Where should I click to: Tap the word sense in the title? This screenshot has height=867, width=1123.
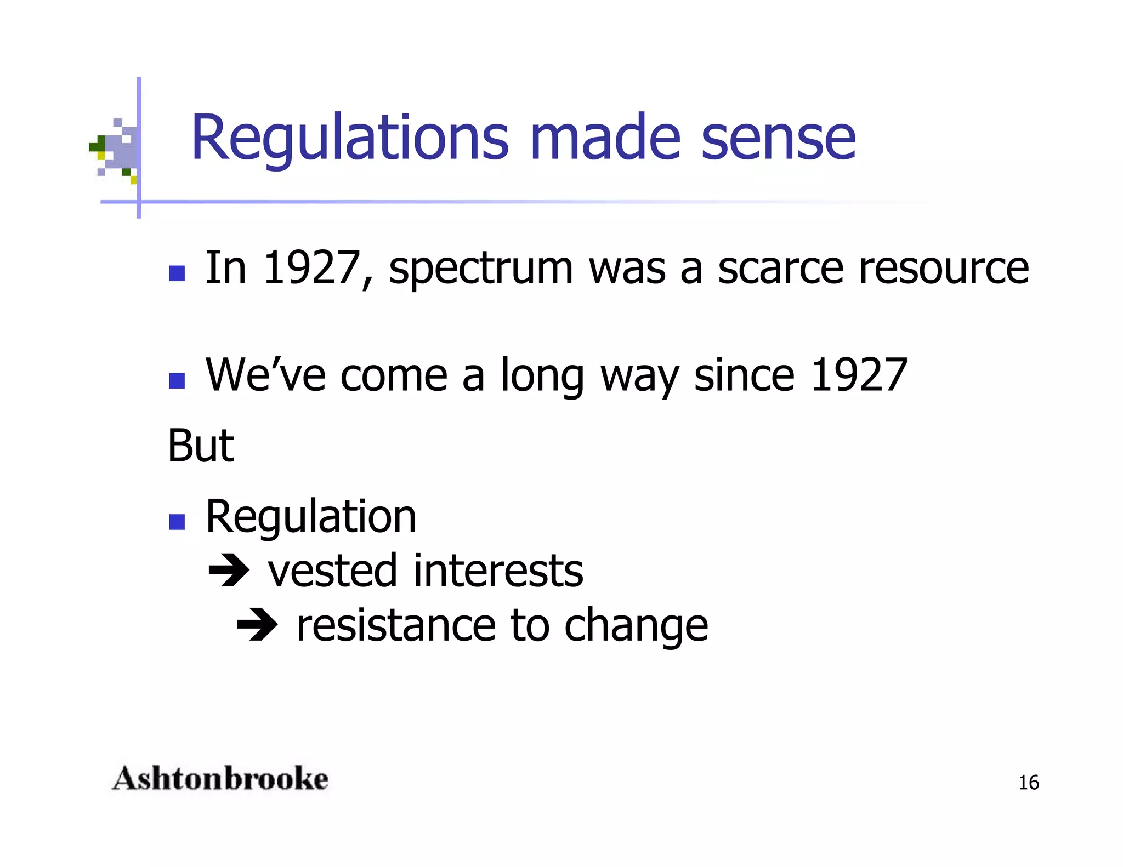778,138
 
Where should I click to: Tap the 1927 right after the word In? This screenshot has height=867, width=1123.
311,268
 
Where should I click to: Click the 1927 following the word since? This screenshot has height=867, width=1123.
859,375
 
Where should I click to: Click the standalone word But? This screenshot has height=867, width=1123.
201,446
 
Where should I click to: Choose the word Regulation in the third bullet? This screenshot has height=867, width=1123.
311,518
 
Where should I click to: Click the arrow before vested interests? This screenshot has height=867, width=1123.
229,572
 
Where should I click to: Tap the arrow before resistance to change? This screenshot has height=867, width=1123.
257,626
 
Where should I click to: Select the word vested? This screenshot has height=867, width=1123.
332,572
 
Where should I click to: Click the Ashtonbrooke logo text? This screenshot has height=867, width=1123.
220,779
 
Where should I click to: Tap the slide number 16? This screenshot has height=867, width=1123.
1028,783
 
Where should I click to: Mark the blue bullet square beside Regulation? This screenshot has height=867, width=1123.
177,522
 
